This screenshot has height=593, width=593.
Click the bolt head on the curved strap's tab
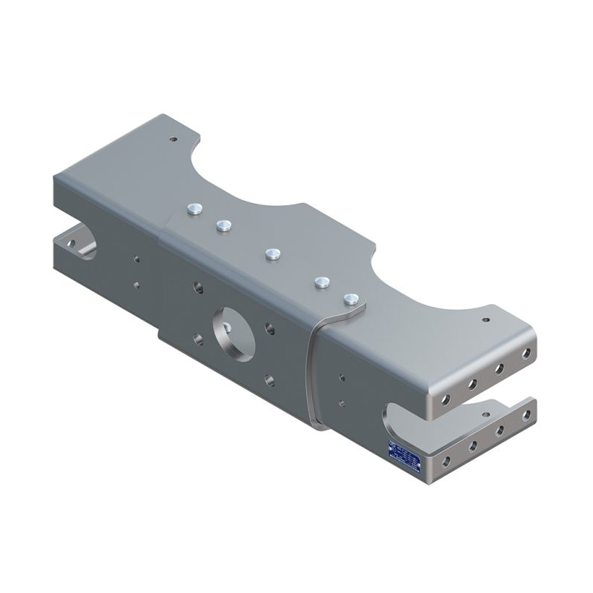[351, 299]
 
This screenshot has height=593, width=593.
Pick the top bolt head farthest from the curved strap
[195, 210]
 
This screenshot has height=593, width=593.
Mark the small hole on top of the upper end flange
[486, 320]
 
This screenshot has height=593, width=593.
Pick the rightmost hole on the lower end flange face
[527, 416]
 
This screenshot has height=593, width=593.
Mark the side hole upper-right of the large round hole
[268, 324]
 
